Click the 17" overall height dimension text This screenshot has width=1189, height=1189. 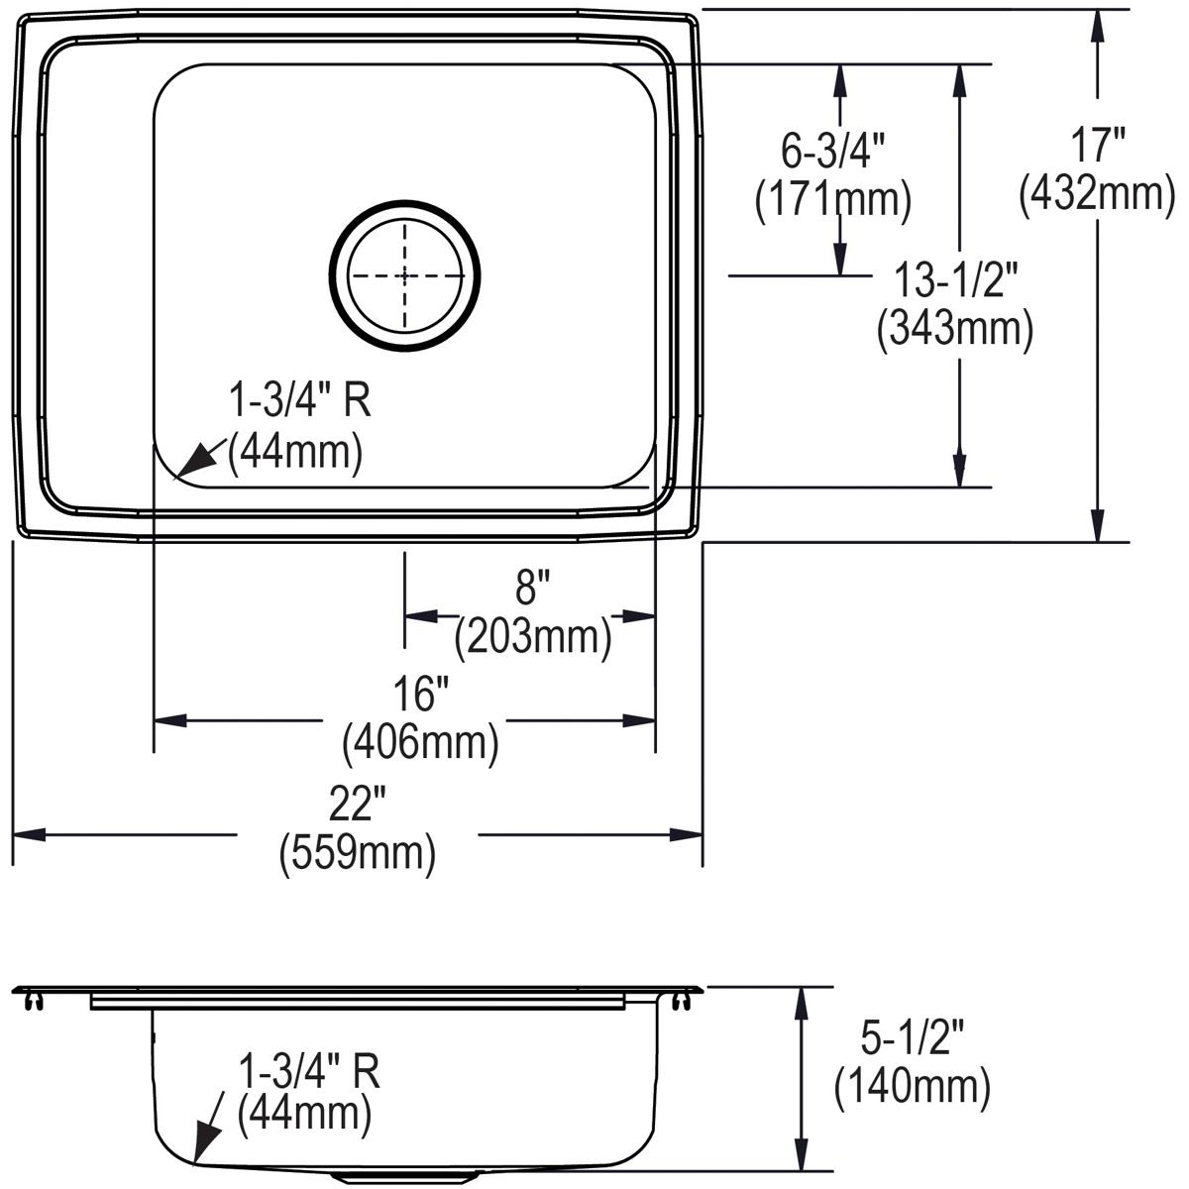(1097, 147)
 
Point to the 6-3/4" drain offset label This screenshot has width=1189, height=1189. (832, 152)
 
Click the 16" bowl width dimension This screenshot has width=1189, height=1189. (419, 696)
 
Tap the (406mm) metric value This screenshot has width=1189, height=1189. (419, 742)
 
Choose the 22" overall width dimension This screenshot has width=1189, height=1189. (357, 807)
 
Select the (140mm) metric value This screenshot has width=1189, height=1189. (912, 1087)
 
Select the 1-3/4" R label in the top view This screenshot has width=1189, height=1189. (299, 403)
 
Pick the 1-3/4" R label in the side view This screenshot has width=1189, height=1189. (309, 1070)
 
